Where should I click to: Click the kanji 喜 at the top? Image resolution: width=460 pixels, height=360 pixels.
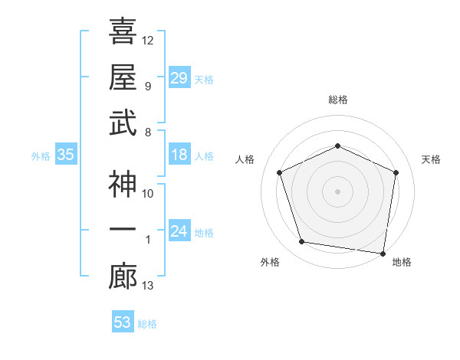pyautogui.click(x=123, y=31)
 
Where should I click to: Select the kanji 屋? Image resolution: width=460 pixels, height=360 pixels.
pyautogui.click(x=123, y=77)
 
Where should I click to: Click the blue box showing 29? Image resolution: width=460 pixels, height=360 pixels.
pyautogui.click(x=179, y=77)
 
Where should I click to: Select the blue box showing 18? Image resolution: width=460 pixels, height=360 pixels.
pyautogui.click(x=179, y=155)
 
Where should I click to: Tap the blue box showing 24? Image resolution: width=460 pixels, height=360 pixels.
pyautogui.click(x=179, y=231)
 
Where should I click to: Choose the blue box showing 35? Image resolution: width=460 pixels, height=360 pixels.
pyautogui.click(x=65, y=155)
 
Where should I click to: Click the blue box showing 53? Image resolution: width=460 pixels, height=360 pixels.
pyautogui.click(x=122, y=322)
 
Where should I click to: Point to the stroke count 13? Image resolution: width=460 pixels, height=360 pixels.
pyautogui.click(x=148, y=286)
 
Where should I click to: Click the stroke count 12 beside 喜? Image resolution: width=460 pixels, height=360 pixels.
pyautogui.click(x=148, y=40)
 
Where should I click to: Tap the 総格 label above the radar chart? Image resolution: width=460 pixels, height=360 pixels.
pyautogui.click(x=337, y=100)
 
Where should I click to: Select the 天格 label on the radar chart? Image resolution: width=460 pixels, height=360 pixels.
pyautogui.click(x=431, y=159)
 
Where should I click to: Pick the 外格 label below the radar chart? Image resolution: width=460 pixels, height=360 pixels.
pyautogui.click(x=270, y=262)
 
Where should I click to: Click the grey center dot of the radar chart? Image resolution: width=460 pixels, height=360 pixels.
pyautogui.click(x=337, y=191)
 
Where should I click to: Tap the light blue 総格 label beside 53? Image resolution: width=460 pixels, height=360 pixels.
pyautogui.click(x=147, y=324)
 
